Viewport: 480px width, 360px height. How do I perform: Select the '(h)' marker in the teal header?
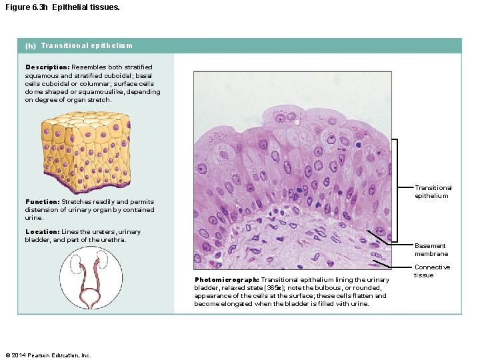(x=31, y=46)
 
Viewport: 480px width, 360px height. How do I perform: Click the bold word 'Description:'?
(x=47, y=67)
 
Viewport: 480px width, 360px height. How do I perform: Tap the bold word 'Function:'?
(x=43, y=202)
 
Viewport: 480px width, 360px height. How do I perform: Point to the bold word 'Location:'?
(x=43, y=232)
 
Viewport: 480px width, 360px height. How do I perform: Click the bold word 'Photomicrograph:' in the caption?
(x=227, y=280)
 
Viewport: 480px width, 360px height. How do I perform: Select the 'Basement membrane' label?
(x=431, y=250)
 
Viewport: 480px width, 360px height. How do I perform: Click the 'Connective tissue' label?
(x=431, y=271)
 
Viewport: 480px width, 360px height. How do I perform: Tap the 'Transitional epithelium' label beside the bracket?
(x=433, y=192)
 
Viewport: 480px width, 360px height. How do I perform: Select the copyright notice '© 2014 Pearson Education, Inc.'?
(x=47, y=355)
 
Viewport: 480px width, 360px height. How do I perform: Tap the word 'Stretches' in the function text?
(x=77, y=202)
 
